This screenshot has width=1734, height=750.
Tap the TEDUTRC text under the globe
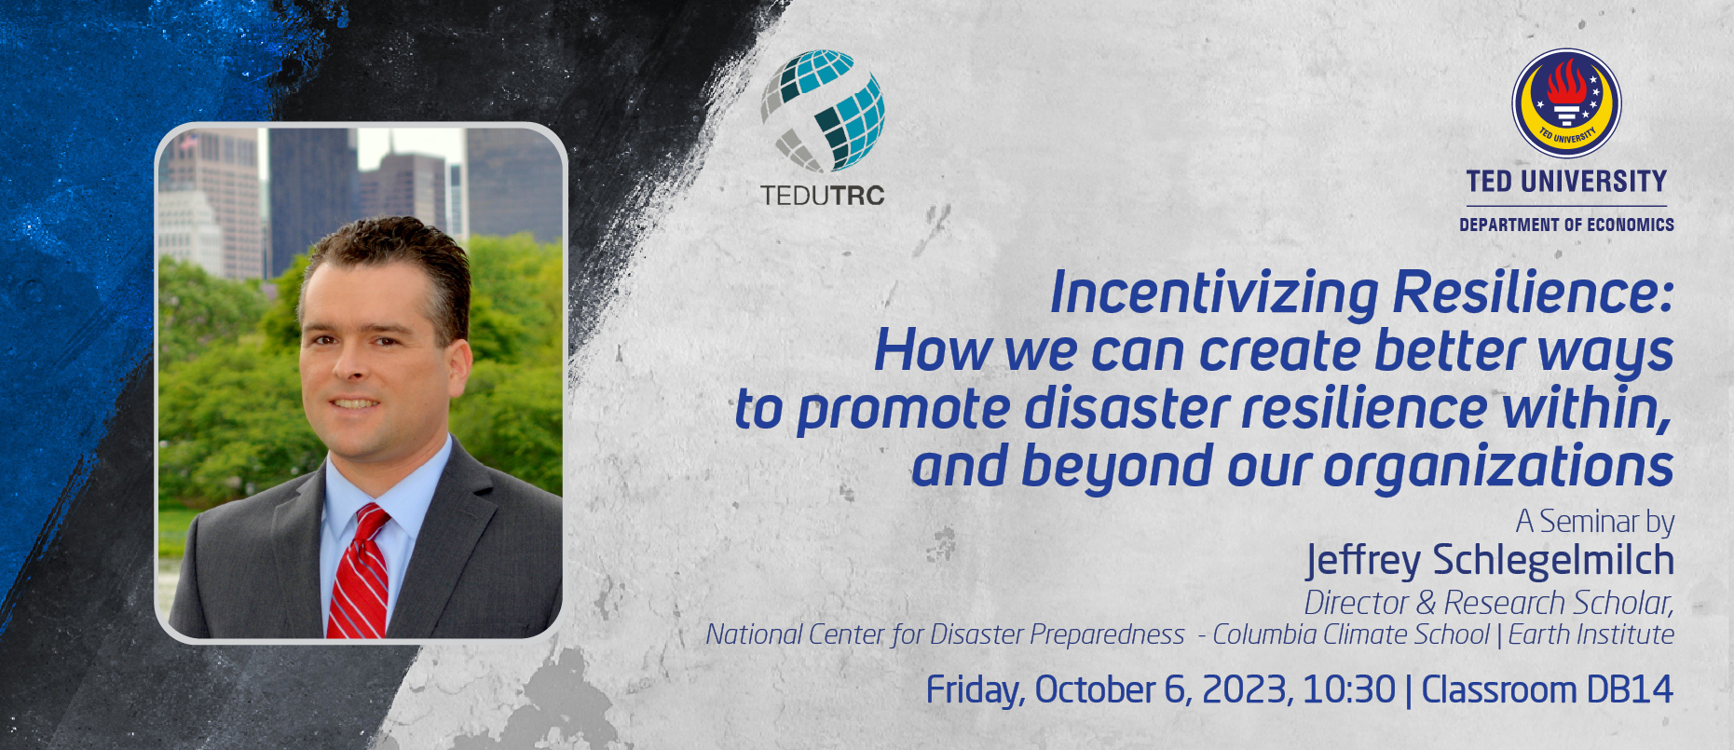[822, 196]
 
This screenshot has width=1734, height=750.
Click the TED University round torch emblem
[1566, 103]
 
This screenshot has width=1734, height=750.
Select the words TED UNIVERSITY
[1566, 181]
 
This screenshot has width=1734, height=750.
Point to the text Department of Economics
[1566, 225]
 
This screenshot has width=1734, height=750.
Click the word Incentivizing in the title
[1214, 293]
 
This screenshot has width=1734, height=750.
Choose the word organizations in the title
[1498, 466]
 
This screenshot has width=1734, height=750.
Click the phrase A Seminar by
[1595, 522]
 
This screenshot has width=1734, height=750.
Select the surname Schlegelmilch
[1553, 560]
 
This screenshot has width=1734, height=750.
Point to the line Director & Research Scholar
[1489, 603]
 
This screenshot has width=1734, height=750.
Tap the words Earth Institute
[1591, 634]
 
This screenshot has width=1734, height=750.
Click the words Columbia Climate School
[1351, 634]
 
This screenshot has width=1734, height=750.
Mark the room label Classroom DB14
[1547, 690]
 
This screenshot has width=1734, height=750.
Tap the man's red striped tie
[359, 572]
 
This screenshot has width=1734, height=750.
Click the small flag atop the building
[190, 141]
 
